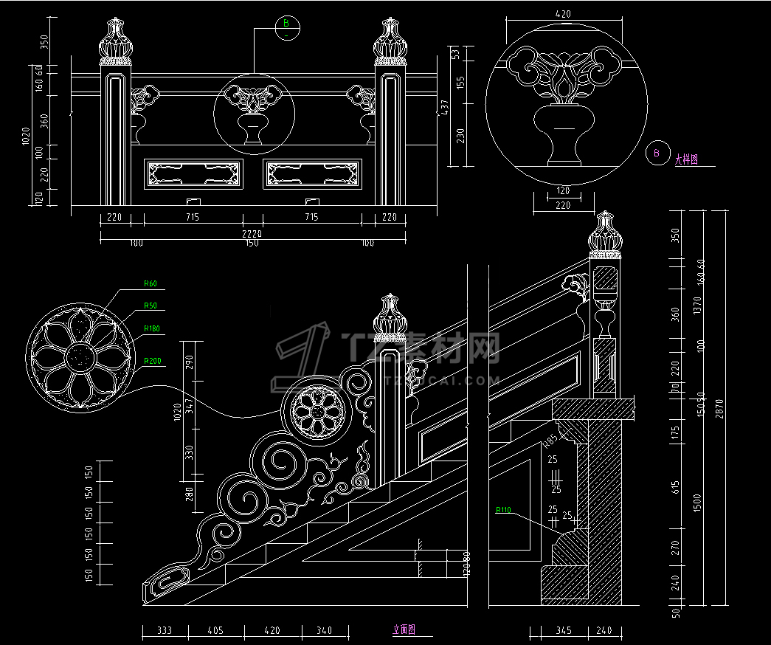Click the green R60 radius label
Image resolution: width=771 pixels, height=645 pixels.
pos(151,283)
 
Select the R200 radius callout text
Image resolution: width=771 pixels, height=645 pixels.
pos(153,361)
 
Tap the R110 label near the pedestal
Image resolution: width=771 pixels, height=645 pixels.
pos(503,510)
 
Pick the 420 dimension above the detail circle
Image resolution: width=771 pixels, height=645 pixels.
pos(563,13)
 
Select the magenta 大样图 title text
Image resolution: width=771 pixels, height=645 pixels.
pos(686,159)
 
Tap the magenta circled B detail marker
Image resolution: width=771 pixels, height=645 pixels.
pos(654,154)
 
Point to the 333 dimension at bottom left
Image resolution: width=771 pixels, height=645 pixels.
pos(163,630)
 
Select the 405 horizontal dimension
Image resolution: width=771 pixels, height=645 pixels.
pos(215,630)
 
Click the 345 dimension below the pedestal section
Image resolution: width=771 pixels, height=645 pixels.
pos(563,630)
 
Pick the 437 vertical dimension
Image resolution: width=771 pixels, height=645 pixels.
pos(444,108)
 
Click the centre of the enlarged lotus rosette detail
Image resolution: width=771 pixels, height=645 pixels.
pos(80,357)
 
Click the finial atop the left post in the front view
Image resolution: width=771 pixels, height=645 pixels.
pos(114,41)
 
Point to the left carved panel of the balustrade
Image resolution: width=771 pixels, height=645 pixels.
pos(195,174)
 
